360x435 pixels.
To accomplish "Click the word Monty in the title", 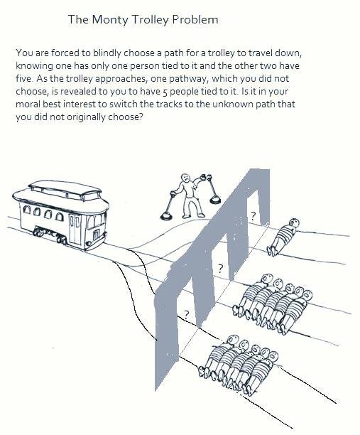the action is pyautogui.click(x=110, y=20).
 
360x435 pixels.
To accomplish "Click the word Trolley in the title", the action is pyautogui.click(x=150, y=20).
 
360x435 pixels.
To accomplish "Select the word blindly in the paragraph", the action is pyautogui.click(x=107, y=53).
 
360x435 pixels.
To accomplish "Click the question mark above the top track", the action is pyautogui.click(x=253, y=215).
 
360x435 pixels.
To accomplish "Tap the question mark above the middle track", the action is pyautogui.click(x=220, y=268).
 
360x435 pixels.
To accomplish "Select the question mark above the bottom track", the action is pyautogui.click(x=187, y=314).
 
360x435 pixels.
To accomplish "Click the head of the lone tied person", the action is pyautogui.click(x=294, y=222).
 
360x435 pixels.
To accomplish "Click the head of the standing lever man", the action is pyautogui.click(x=185, y=178).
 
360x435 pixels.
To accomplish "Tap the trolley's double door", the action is pyautogui.click(x=75, y=230).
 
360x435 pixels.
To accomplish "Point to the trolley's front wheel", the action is pyautogui.click(x=61, y=240).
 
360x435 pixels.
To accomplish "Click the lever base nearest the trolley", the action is pyautogui.click(x=167, y=215).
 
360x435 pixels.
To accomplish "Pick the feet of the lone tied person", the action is pyautogui.click(x=271, y=251).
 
